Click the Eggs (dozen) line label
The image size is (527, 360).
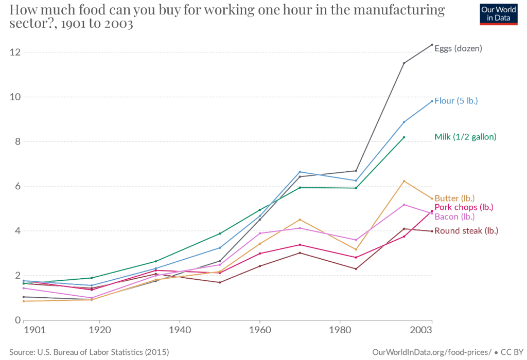tap(459, 49)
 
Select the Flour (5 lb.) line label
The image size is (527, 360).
tap(456, 101)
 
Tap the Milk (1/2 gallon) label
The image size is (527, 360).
tap(465, 137)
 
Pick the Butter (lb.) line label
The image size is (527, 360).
tap(454, 198)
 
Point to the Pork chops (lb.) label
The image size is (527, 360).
tap(464, 207)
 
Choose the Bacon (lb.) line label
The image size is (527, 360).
tap(454, 217)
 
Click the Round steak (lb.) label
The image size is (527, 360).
tap(466, 231)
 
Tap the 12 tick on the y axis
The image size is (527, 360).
tap(14, 52)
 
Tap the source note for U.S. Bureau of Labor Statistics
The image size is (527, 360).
tap(89, 352)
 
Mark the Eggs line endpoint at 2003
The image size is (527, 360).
tap(432, 45)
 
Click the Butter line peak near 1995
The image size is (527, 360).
tap(405, 181)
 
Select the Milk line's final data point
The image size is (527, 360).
tap(405, 137)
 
